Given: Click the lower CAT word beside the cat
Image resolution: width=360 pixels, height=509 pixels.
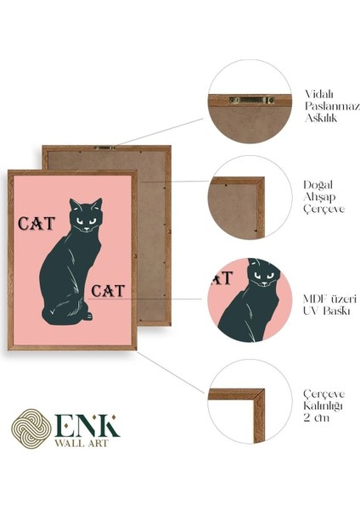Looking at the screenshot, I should point(108,291).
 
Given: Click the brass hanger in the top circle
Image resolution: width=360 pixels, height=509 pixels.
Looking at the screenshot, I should point(250,100).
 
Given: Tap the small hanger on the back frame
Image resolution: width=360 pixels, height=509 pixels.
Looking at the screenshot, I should point(106,148).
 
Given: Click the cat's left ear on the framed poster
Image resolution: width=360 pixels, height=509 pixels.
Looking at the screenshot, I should point(74,204).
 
